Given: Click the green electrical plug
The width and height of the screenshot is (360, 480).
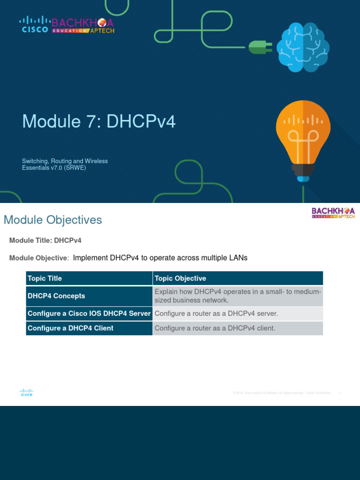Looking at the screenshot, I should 257,47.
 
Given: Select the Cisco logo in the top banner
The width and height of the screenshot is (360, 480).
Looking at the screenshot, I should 35,25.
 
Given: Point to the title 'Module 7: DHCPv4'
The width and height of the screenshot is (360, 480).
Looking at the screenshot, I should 99,121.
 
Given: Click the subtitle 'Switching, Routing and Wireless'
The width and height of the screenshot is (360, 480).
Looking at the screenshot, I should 65,161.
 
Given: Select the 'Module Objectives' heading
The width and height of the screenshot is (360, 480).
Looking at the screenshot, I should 52,220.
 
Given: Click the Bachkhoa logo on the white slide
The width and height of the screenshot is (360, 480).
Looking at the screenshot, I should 333,213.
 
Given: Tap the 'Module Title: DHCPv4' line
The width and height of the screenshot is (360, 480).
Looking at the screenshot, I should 45,240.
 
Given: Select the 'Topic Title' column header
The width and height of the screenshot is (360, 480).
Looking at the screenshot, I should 45,278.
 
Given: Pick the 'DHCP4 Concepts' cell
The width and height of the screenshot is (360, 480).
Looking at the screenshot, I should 56,296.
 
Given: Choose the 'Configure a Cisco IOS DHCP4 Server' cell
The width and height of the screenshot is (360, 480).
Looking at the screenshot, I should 89,314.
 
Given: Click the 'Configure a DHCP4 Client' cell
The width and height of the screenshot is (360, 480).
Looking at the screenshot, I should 70,328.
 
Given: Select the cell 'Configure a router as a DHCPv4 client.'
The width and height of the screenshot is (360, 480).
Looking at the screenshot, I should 215,328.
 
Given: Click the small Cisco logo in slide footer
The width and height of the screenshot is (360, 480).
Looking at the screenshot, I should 26,392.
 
